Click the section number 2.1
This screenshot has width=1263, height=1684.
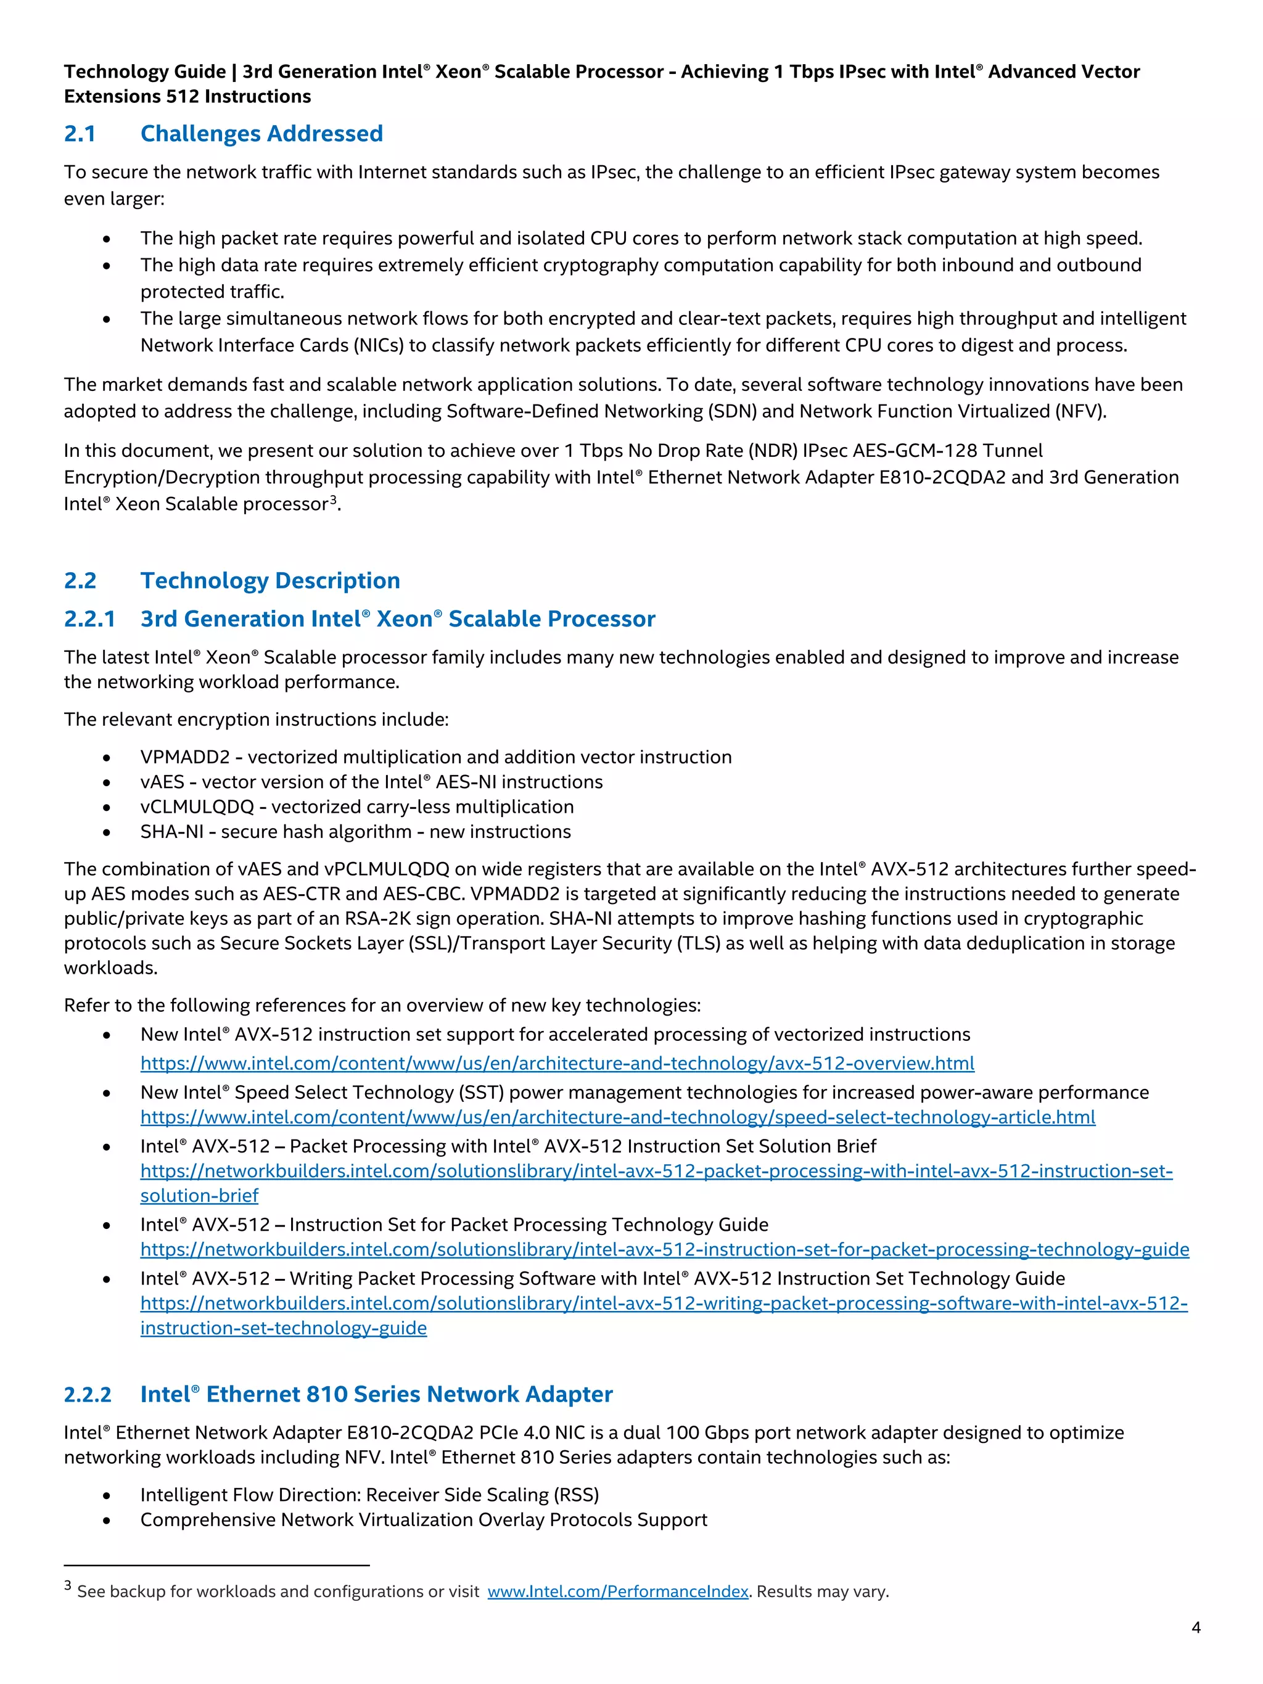(80, 134)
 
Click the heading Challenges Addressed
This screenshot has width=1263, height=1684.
(261, 134)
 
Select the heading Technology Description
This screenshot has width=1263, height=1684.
(270, 581)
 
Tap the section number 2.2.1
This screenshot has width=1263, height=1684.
(90, 619)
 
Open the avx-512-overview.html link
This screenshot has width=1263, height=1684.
(556, 1064)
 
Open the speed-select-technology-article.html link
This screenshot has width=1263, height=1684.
(617, 1117)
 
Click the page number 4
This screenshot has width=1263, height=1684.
(1196, 1628)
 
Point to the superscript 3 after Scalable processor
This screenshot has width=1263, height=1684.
(332, 499)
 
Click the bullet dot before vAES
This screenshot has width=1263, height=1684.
(107, 783)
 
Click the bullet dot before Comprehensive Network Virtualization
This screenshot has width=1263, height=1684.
(107, 1521)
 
